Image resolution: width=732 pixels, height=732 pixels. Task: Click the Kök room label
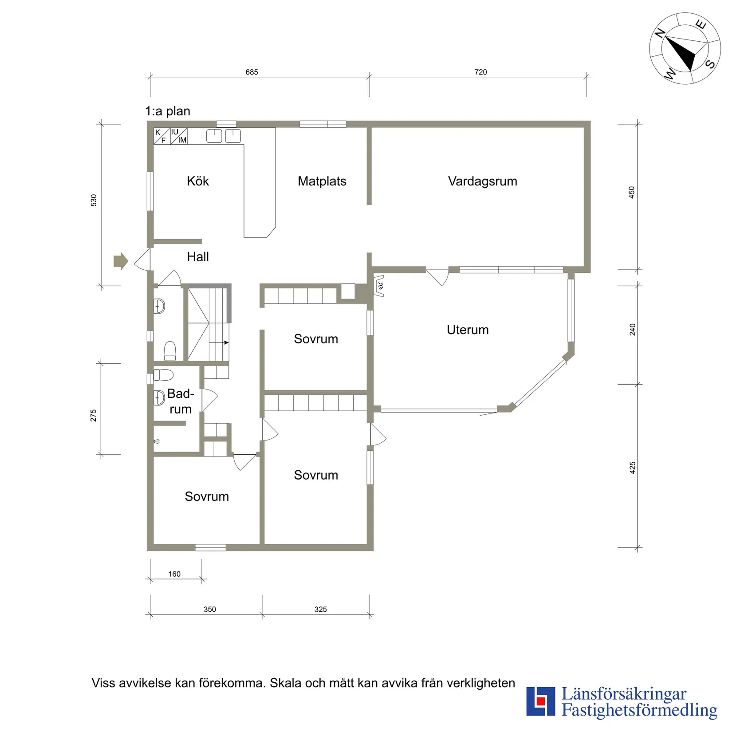point(198,181)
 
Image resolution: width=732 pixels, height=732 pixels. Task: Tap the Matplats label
point(322,181)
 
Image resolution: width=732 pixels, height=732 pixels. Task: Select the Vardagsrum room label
point(483,181)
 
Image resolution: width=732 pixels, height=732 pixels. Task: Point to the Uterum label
point(468,330)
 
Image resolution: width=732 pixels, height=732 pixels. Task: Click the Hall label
point(198,256)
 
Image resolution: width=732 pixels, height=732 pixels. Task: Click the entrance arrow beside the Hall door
point(121,261)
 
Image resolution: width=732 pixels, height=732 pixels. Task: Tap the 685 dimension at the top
point(252,72)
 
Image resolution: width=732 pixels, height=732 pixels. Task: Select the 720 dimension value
point(481,72)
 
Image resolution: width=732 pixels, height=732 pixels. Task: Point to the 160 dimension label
point(174,574)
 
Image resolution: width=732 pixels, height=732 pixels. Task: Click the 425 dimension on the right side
point(633,468)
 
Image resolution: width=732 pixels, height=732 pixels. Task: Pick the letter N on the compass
point(660,33)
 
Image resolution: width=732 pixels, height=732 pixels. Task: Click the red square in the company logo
point(540,701)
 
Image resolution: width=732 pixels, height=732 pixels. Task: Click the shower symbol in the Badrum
point(156,441)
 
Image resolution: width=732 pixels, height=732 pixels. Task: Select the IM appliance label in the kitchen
point(182,140)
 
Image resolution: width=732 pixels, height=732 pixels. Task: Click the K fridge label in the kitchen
point(157,133)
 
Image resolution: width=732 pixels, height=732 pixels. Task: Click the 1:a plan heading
point(168,111)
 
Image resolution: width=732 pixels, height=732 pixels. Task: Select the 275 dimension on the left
point(93,416)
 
